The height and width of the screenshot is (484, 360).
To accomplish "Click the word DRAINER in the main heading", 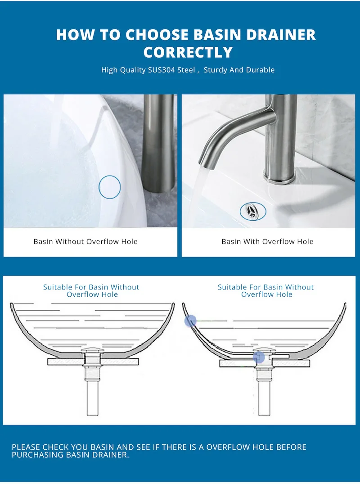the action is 281,35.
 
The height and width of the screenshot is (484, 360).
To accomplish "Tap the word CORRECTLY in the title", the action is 188,52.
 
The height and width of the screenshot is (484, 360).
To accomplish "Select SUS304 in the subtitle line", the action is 162,70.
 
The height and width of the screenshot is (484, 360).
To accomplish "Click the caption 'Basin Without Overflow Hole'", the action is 85,241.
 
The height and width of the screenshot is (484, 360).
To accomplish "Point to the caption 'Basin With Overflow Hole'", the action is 267,241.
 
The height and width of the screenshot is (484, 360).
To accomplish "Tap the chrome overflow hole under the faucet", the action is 253,211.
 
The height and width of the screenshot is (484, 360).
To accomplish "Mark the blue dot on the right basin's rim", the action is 190,321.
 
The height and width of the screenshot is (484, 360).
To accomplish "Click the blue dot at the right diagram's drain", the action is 259,357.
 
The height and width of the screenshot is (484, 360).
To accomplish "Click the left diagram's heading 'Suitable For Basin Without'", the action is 91,287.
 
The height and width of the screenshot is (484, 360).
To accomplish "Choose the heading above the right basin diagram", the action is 266,290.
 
